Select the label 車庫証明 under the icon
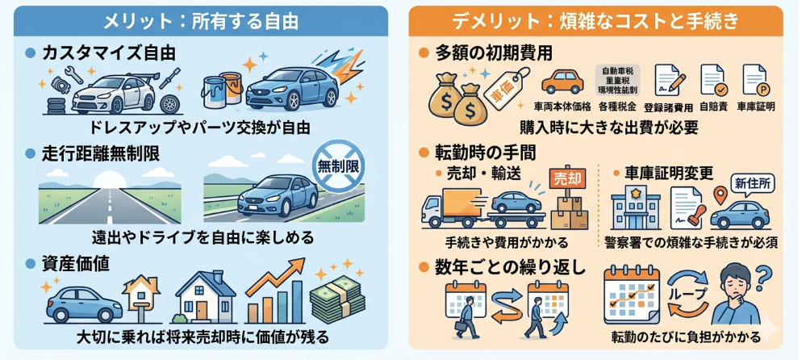755,106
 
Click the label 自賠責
712,106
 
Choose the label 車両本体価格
562,106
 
